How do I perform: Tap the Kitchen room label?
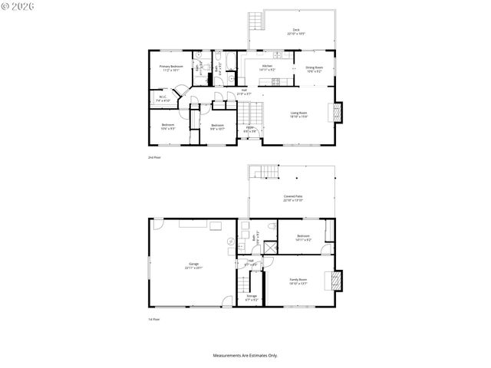tap(267, 67)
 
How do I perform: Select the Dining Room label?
tap(315, 67)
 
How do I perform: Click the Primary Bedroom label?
tap(170, 67)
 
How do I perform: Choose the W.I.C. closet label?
tap(163, 98)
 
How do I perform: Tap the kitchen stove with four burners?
tap(276, 81)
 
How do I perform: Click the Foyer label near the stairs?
tap(250, 129)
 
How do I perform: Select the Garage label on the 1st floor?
tap(192, 265)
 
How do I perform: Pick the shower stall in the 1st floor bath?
tap(269, 247)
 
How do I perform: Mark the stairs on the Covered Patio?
tap(265, 172)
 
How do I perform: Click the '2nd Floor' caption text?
tap(154, 157)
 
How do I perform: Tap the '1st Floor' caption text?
tap(154, 319)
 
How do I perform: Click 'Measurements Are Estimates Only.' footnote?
tap(245, 355)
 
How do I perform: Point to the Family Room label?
tap(298, 281)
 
